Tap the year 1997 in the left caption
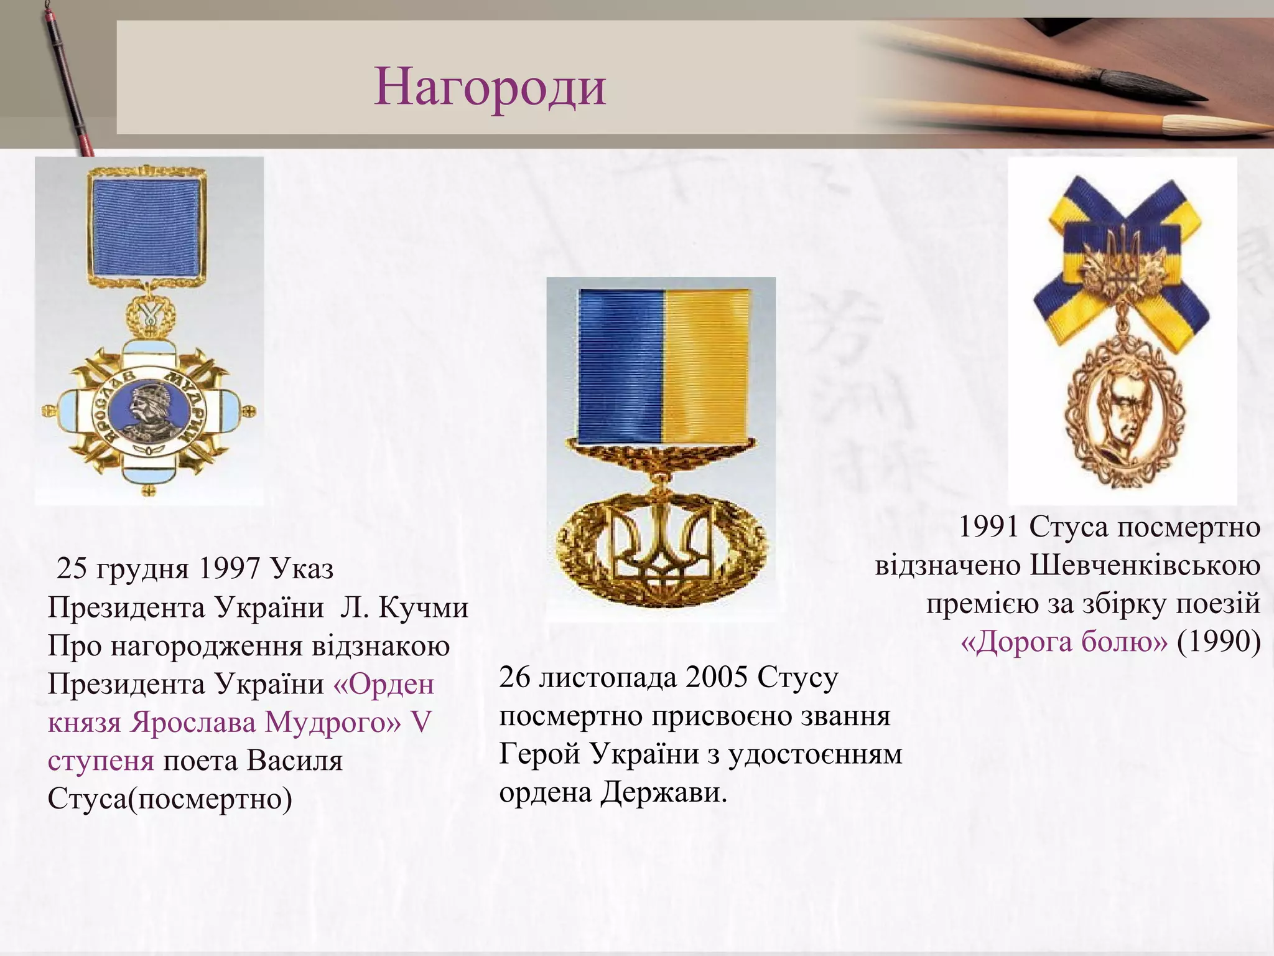(230, 568)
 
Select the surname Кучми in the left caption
(423, 607)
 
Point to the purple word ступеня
(101, 761)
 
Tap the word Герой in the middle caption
(540, 754)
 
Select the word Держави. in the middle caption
(664, 792)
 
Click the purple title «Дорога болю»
(1064, 642)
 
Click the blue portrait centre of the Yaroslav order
(147, 411)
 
